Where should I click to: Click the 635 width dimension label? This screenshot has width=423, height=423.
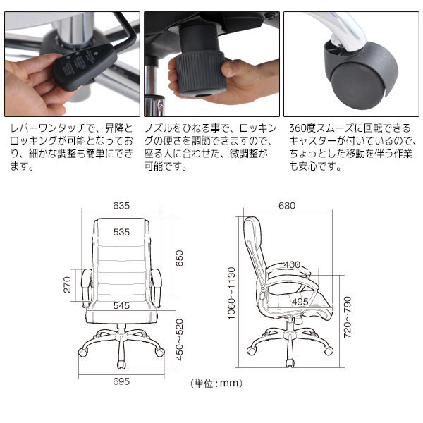(121, 206)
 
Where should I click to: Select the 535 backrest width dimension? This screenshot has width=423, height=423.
(121, 232)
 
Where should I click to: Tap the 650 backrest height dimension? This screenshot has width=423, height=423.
(179, 258)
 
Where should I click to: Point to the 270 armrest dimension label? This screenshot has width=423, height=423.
(67, 285)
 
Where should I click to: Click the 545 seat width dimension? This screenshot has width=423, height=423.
(121, 306)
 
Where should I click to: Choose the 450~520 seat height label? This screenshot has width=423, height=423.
(179, 340)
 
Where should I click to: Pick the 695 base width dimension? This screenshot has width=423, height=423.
(121, 381)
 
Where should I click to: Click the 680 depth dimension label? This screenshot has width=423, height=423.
(287, 206)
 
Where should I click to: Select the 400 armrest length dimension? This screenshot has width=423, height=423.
(292, 264)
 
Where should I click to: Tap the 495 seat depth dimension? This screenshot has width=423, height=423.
(300, 302)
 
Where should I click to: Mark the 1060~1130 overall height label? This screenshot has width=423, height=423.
(231, 293)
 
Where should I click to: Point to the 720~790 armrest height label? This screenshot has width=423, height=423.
(348, 317)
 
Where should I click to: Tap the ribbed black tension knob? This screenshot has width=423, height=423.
(200, 73)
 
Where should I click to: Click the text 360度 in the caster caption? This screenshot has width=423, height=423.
(302, 128)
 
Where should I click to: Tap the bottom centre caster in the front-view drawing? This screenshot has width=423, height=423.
(121, 364)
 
